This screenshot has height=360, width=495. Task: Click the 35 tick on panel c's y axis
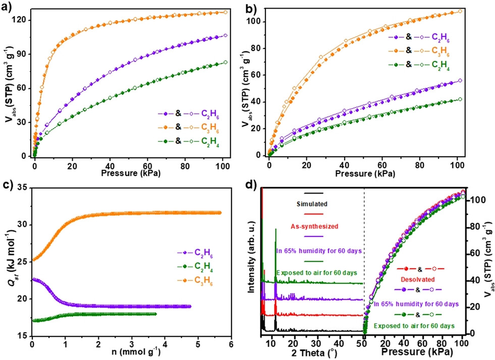coord(21,188)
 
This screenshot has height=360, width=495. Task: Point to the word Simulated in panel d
coord(313,204)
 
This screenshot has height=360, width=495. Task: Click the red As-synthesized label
coord(313,226)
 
